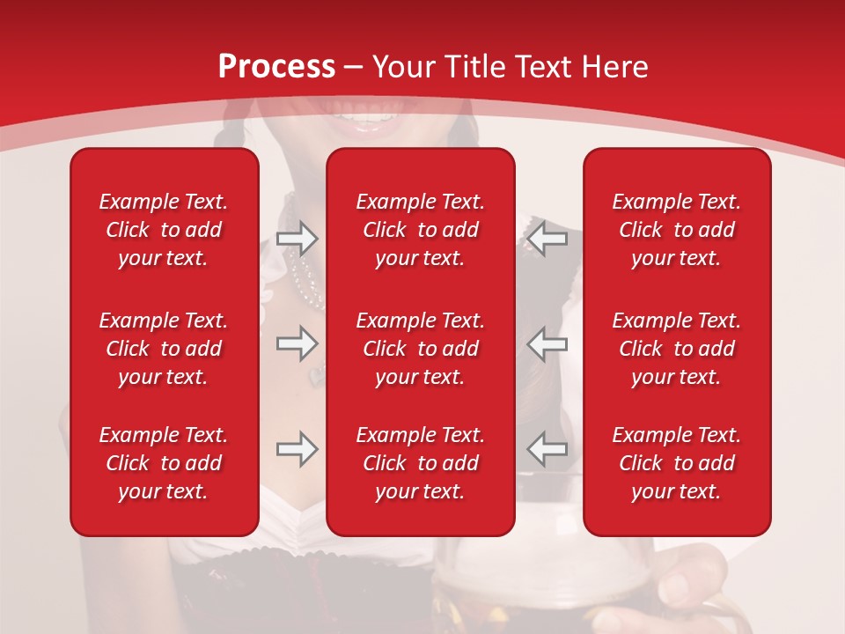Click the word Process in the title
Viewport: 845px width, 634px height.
[x=276, y=67]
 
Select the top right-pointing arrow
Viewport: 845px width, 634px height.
[x=297, y=237]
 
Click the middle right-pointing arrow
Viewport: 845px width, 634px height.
[x=297, y=343]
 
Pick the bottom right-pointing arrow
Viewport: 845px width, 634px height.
[x=297, y=448]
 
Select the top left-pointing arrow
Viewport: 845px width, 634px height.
[x=547, y=237]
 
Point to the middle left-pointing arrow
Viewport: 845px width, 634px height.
[x=547, y=343]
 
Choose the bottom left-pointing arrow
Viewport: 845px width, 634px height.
[x=547, y=448]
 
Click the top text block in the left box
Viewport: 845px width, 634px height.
[x=164, y=230]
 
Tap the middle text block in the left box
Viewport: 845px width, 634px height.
[x=164, y=349]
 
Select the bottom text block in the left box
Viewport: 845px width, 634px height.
[x=164, y=463]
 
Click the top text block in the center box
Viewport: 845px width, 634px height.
[x=421, y=230]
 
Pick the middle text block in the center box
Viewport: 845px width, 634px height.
[x=421, y=349]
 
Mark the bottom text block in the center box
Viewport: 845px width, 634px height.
[x=421, y=463]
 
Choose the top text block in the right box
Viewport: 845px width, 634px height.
[x=677, y=230]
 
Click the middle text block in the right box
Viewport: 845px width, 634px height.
[x=677, y=349]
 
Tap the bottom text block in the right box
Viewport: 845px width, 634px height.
[x=677, y=463]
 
